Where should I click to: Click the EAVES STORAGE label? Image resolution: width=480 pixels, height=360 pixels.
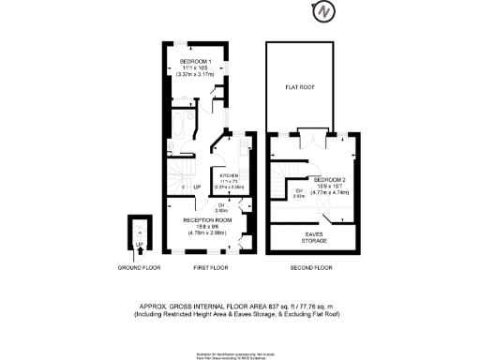315,238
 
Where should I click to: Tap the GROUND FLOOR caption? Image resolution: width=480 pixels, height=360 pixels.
139,267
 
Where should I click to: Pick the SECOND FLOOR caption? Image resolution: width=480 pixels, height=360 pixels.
309,267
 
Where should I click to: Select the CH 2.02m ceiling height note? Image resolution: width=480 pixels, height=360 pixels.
300,195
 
